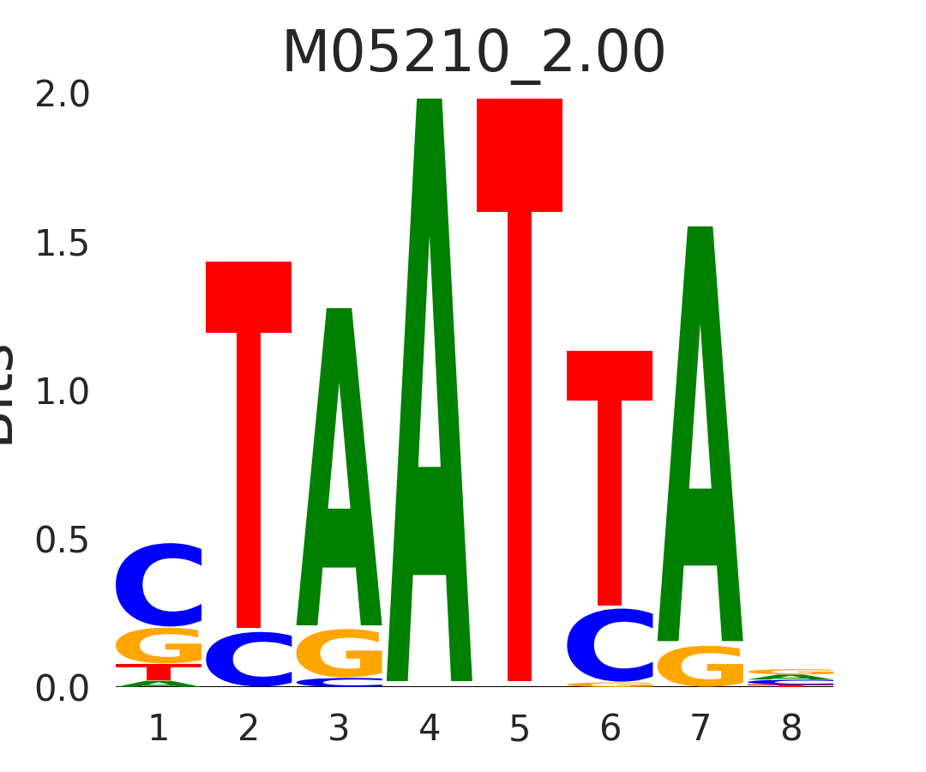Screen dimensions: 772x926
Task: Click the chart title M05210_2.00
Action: point(473,53)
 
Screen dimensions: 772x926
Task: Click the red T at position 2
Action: point(249,429)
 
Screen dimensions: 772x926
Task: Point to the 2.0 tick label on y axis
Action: point(62,95)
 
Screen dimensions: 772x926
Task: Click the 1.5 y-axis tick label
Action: point(62,244)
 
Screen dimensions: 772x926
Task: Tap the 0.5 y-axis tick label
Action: point(62,540)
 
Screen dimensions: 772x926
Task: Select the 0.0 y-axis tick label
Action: point(62,689)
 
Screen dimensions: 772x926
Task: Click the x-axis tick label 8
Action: point(791,729)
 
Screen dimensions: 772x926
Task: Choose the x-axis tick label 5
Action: point(520,729)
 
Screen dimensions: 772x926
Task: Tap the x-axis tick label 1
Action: point(159,729)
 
